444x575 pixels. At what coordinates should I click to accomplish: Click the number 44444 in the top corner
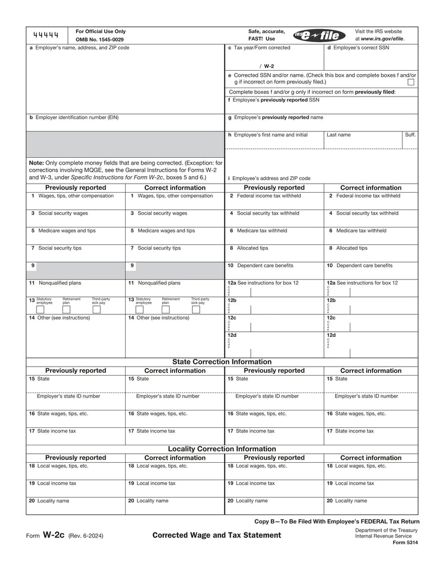click(46, 36)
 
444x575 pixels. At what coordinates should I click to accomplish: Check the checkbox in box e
click(411, 82)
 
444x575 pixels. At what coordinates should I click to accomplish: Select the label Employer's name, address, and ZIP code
click(79, 48)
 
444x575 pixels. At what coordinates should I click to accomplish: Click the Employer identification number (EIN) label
click(74, 117)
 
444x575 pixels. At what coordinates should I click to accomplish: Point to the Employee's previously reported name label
click(276, 117)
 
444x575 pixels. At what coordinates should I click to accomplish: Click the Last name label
click(338, 135)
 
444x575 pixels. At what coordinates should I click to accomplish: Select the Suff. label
click(410, 135)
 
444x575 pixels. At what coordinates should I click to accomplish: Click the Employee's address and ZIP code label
click(269, 178)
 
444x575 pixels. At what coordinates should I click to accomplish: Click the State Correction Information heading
click(222, 362)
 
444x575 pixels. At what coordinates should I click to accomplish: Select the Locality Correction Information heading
click(222, 449)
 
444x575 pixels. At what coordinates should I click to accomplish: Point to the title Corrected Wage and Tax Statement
click(217, 535)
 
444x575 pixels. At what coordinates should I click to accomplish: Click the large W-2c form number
click(54, 535)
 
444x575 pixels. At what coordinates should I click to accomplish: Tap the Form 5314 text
click(405, 542)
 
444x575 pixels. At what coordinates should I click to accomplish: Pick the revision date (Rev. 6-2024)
click(86, 536)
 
